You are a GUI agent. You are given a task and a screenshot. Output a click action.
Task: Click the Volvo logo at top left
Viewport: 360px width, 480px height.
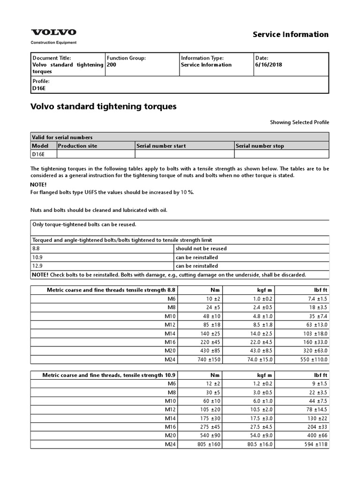[x=53, y=32]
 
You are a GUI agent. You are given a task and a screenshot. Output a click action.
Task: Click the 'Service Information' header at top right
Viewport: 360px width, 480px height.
[x=291, y=34]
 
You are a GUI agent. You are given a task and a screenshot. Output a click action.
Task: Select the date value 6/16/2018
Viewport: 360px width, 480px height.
[x=265, y=65]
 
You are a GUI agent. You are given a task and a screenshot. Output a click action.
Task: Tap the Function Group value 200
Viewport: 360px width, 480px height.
[x=111, y=65]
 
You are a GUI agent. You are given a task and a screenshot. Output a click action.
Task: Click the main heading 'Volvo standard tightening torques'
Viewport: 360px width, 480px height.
[x=103, y=106]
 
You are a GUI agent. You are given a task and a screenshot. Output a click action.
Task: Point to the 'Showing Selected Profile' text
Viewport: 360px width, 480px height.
[x=299, y=122]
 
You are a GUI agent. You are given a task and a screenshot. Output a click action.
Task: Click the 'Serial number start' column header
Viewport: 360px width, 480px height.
[x=161, y=146]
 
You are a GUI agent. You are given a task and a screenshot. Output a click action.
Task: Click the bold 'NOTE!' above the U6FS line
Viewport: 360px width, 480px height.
[x=38, y=185]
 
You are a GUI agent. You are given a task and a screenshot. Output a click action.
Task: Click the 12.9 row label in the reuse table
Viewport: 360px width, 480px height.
[x=37, y=266]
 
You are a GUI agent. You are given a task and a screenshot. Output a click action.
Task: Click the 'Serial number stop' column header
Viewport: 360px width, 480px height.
[x=260, y=146]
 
